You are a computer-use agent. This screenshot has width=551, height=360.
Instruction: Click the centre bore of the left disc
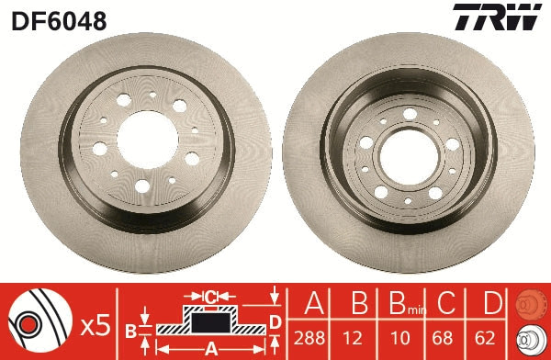point(140,132)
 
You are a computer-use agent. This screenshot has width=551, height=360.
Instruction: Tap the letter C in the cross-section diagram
point(209,296)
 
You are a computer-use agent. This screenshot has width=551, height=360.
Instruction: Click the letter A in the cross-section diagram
point(209,347)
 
